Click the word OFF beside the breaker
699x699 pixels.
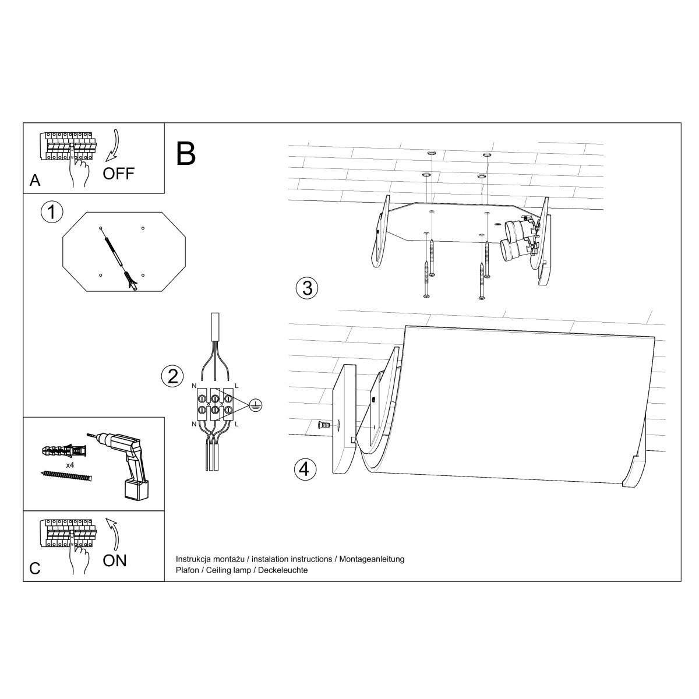pos(118,173)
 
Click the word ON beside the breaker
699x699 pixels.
pos(114,560)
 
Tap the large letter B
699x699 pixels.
pos(185,153)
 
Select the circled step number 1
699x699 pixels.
pos(52,212)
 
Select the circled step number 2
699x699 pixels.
pos(172,376)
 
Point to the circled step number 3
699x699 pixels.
pos(307,287)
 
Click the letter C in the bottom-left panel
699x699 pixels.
pos(35,569)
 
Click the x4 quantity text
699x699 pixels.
pos(70,465)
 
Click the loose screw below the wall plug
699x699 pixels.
pos(67,476)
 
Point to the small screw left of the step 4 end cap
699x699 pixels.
pos(324,425)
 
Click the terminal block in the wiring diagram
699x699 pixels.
pos(215,404)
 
